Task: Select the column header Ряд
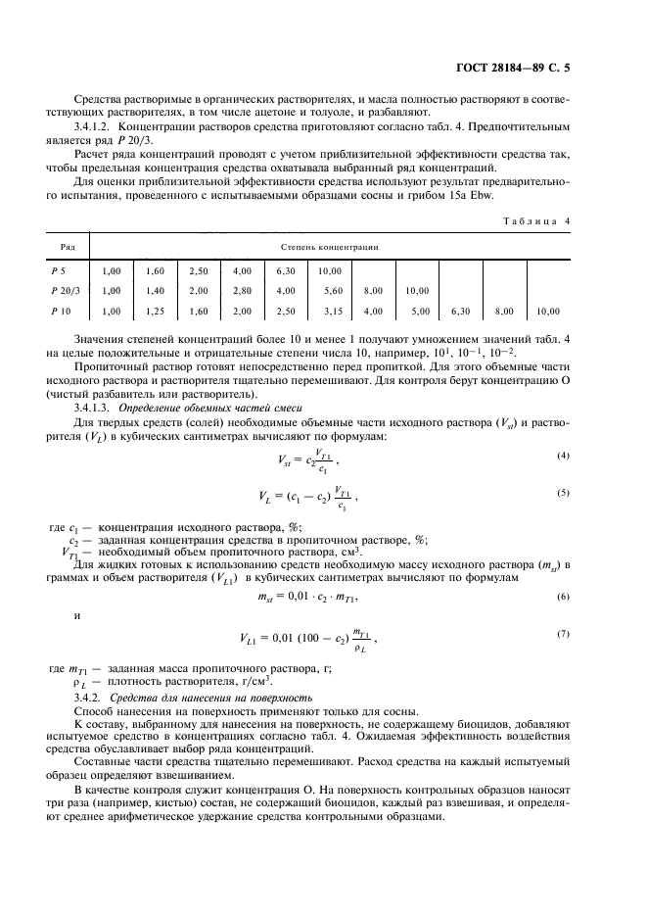(x=69, y=248)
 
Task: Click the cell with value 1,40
(x=153, y=291)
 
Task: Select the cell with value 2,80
(x=242, y=291)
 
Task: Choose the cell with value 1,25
(x=153, y=312)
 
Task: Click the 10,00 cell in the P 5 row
(x=329, y=270)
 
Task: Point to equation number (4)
(x=563, y=456)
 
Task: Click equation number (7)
(x=563, y=635)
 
